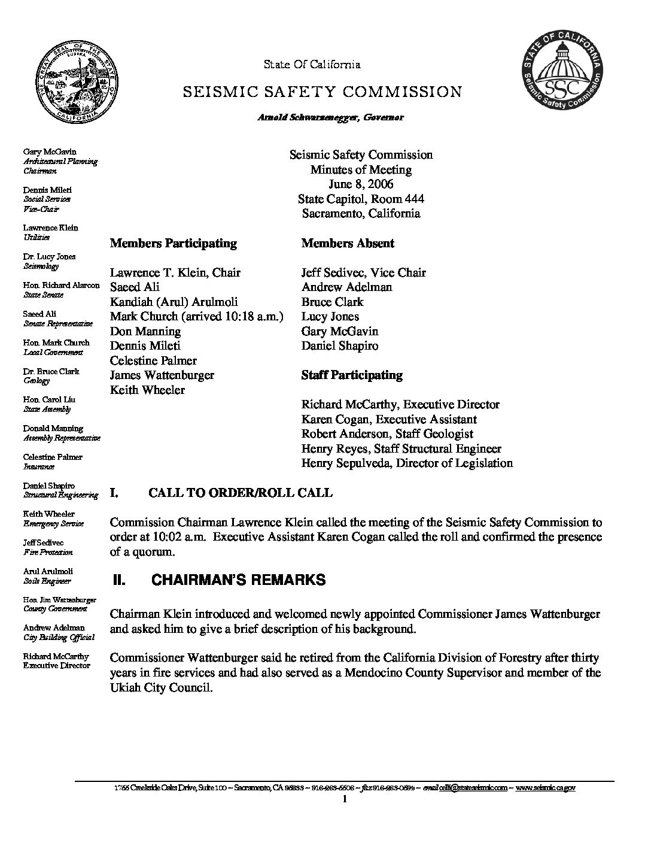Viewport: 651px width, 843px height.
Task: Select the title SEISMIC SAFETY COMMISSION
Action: [x=322, y=92]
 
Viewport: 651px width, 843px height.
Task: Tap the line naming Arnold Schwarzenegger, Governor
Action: [x=330, y=117]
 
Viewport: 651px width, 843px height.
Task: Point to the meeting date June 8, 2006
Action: [x=361, y=184]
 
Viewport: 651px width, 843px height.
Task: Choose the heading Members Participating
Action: [x=173, y=243]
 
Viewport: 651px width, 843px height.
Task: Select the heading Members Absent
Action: [x=348, y=243]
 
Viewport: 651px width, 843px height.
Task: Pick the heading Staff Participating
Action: [x=352, y=375]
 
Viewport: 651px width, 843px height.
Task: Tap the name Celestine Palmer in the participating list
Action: [x=153, y=360]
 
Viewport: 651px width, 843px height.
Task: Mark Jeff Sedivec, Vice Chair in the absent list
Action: [x=363, y=272]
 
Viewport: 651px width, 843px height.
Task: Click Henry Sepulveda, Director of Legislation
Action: [x=407, y=463]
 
